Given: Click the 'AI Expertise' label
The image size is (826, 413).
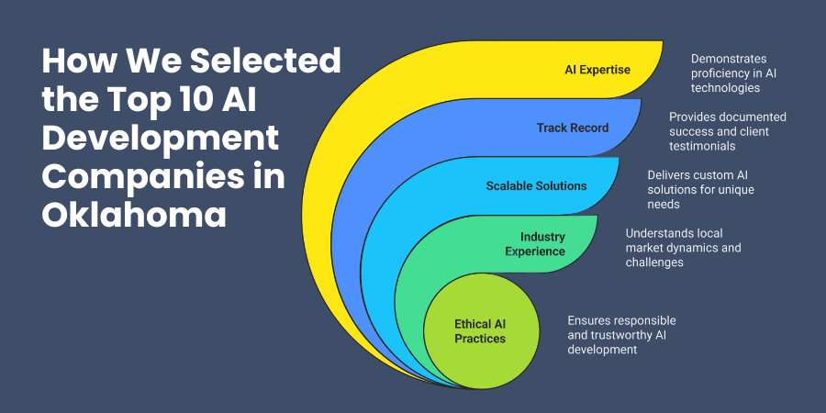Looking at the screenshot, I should [597, 69].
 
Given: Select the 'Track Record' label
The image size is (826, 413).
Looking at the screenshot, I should [573, 128].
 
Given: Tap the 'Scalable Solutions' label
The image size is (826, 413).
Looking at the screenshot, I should [536, 185].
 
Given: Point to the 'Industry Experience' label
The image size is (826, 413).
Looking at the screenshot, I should [542, 244].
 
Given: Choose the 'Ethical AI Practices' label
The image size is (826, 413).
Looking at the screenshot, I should [480, 330].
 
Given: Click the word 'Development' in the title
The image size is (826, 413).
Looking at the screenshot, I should [160, 139].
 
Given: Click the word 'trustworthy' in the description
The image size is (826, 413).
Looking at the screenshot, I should [624, 335].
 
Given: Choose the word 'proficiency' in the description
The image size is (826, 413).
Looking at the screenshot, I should [721, 73].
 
